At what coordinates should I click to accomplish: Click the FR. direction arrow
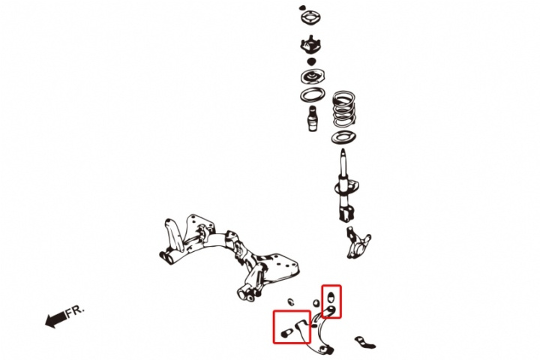click(55, 319)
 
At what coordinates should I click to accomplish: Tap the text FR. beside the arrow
click(75, 311)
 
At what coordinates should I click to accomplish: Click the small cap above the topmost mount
click(302, 7)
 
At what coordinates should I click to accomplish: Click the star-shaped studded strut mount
click(310, 45)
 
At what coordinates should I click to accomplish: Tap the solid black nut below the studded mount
click(311, 62)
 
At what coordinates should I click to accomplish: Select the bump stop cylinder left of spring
click(313, 118)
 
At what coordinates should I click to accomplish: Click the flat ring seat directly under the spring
click(343, 137)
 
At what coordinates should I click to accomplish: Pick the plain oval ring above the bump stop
click(312, 95)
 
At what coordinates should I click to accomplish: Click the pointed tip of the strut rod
click(343, 149)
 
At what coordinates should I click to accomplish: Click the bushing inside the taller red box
click(331, 296)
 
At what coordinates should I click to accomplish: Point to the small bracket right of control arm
click(364, 343)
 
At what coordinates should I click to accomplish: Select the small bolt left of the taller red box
click(316, 304)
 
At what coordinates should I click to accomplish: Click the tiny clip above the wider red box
click(291, 301)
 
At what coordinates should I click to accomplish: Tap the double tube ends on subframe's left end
click(167, 257)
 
